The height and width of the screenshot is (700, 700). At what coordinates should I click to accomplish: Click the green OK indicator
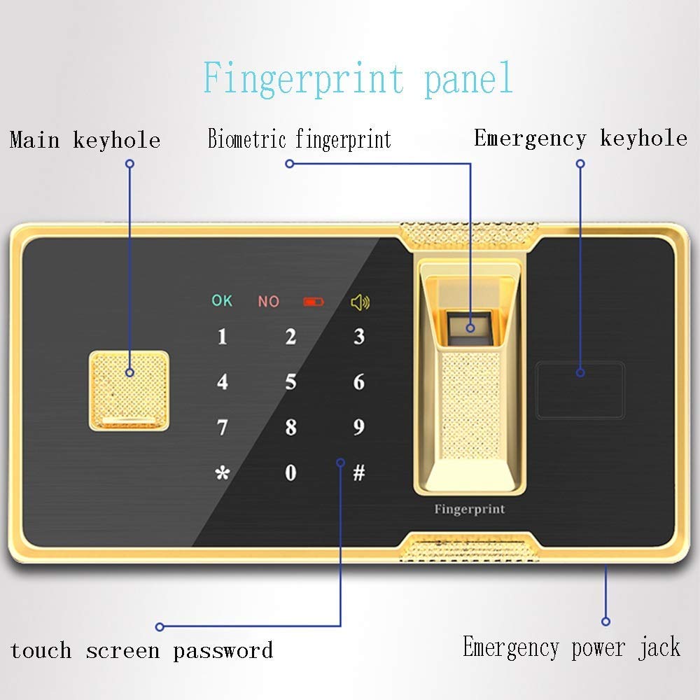(222, 300)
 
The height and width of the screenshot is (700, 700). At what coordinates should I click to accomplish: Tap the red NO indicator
(269, 301)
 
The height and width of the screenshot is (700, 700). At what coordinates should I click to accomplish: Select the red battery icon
(314, 302)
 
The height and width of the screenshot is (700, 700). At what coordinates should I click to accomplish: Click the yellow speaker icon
(360, 302)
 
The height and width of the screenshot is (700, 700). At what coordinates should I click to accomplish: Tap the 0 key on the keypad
(290, 472)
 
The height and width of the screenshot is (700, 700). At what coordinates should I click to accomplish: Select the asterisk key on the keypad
(223, 472)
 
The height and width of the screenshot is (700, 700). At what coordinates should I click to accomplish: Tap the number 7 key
(223, 427)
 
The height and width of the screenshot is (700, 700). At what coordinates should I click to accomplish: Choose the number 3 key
(359, 337)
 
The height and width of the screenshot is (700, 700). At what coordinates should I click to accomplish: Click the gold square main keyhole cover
(129, 391)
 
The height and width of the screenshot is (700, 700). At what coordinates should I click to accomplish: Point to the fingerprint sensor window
(470, 328)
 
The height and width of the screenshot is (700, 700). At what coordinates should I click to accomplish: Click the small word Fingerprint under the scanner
(470, 509)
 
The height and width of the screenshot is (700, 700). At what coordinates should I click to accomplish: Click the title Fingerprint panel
(358, 79)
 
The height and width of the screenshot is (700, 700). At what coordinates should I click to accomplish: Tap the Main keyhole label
(85, 140)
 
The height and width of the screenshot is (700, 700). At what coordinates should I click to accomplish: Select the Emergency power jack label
(571, 647)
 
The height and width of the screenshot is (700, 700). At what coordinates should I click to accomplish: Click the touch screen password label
(141, 650)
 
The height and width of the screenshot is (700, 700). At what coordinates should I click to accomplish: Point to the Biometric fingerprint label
(300, 139)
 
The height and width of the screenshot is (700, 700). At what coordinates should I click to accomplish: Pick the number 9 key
(359, 427)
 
